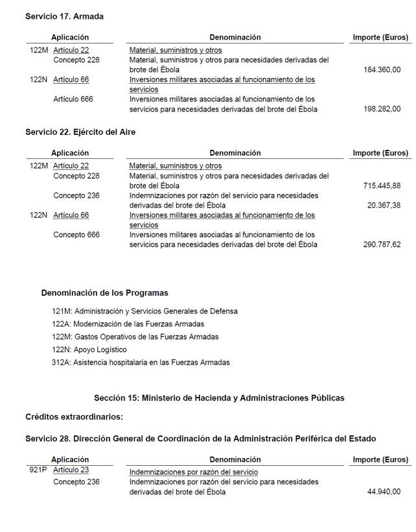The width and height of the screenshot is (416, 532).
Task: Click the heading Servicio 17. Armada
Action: point(64,16)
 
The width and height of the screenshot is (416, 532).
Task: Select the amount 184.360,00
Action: point(382,70)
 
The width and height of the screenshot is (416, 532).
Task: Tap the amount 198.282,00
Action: point(382,109)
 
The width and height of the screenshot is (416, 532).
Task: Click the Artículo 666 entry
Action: point(73,99)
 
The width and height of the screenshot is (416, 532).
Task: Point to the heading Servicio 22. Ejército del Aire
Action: point(80,132)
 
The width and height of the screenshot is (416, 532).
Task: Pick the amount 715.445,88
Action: point(382,186)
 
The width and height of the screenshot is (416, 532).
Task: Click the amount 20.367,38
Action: point(384,205)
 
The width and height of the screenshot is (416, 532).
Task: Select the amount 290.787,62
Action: point(382,245)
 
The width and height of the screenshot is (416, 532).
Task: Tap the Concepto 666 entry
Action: point(76,235)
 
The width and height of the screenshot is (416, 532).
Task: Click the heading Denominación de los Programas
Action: point(105,293)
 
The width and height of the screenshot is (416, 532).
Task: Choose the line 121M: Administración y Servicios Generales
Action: point(144,311)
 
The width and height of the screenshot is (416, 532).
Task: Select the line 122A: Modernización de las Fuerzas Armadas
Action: point(128,324)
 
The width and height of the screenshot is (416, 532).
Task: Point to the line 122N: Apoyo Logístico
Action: point(89,350)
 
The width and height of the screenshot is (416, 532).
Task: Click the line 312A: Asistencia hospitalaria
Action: point(141,363)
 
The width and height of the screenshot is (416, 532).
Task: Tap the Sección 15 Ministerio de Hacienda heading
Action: point(219,398)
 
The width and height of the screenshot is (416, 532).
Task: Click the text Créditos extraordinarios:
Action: point(74,417)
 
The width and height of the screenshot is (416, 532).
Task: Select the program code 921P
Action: point(39,470)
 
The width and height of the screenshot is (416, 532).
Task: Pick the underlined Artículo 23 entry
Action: point(71,470)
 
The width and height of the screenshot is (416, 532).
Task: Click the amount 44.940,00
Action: point(384,492)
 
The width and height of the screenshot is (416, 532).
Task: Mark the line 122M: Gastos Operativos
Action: point(135,337)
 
